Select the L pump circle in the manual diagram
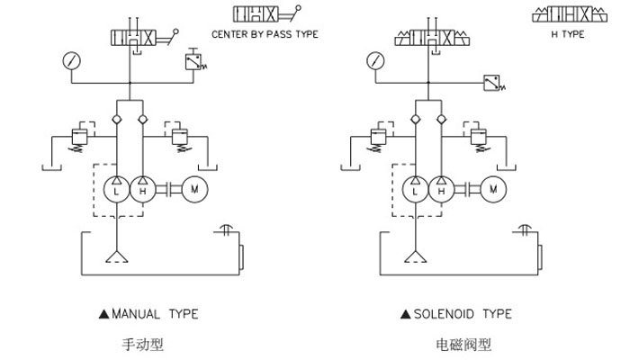tap(117, 190)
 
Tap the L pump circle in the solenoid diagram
tap(415, 190)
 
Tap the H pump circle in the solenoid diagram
tap(441, 190)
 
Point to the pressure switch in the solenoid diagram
tap(491, 83)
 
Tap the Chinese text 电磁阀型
tap(456, 343)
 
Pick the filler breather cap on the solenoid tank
tap(523, 229)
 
